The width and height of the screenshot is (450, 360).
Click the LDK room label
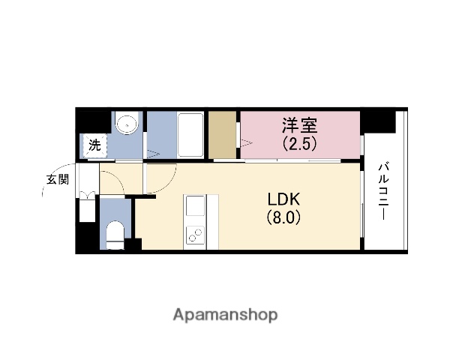click(x=284, y=200)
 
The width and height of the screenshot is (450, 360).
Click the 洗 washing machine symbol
click(x=95, y=145)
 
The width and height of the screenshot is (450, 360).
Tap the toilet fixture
click(x=115, y=234)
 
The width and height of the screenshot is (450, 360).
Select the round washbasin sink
click(x=127, y=123)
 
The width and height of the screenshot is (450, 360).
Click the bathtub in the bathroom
click(x=192, y=134)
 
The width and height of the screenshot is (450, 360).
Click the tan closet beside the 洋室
click(x=223, y=135)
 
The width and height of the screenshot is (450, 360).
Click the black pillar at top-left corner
click(x=93, y=120)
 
